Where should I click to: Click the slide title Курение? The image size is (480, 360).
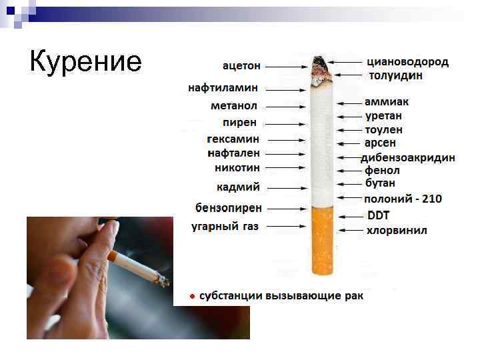[86, 61]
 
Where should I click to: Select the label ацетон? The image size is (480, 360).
[241, 65]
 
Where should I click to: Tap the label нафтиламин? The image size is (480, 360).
[223, 87]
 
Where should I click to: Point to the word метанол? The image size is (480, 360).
[234, 106]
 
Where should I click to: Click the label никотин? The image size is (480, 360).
[237, 167]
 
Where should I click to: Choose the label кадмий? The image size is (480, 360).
[238, 187]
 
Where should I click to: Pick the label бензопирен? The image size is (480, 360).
[228, 207]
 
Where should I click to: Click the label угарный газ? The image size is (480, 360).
[225, 226]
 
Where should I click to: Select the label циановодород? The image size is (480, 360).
[407, 61]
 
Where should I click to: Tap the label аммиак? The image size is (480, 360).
[386, 102]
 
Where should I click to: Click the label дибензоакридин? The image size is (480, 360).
[408, 157]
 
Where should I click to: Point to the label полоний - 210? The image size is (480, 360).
[402, 199]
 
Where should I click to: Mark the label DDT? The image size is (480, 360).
[378, 215]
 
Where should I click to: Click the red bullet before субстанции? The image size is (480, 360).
[191, 295]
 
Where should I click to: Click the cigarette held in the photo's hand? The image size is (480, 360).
[137, 265]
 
